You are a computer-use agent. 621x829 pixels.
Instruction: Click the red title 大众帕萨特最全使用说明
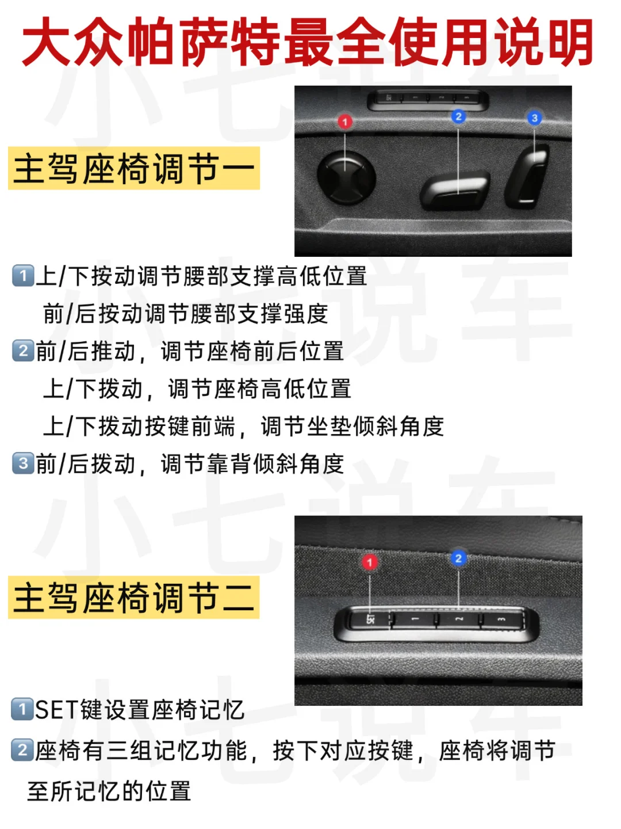click(307, 41)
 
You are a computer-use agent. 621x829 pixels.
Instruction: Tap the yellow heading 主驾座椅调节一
click(134, 168)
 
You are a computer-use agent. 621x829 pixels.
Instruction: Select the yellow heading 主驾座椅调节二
click(134, 597)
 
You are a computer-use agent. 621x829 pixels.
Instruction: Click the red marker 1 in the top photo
click(344, 121)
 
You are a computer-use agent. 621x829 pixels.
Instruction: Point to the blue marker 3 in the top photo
click(534, 118)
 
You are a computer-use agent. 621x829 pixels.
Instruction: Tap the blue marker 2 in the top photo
click(458, 116)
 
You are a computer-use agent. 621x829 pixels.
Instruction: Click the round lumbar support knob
click(346, 177)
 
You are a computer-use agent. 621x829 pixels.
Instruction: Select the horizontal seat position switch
click(455, 190)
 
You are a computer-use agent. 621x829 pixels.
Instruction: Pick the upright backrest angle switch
click(527, 176)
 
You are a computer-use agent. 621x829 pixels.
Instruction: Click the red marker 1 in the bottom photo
click(370, 562)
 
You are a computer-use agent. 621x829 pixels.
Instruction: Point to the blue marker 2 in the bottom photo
click(458, 558)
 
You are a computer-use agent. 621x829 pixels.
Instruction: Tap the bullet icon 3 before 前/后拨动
click(23, 463)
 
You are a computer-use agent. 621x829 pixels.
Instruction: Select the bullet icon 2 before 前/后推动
click(23, 351)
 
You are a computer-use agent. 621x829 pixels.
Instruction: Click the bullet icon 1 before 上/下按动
click(23, 276)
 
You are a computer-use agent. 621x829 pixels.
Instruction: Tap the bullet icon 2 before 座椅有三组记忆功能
click(22, 750)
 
